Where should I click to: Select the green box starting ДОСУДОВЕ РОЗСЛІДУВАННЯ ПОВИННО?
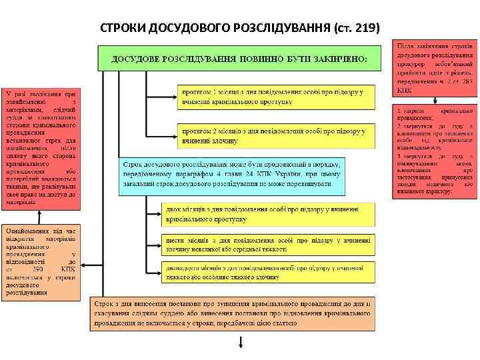[239, 58]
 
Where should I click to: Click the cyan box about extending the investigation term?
[231, 176]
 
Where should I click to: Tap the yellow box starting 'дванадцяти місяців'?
[267, 271]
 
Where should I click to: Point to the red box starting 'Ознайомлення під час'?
[42, 261]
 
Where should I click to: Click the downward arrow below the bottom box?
[241, 342]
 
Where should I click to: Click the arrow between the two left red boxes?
[41, 213]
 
